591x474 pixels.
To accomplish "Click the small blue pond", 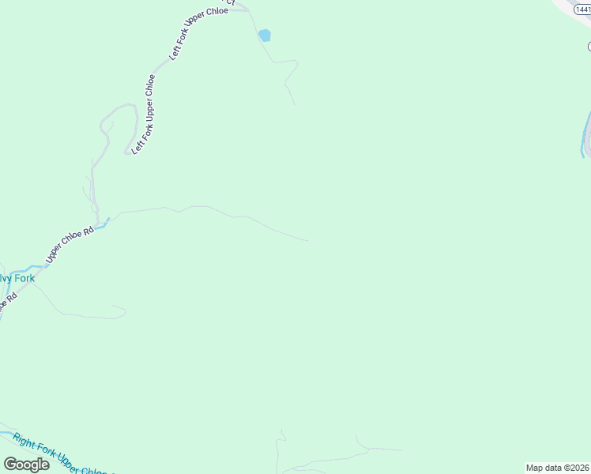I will point(264,36).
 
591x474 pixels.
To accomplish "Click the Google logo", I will point(26,464).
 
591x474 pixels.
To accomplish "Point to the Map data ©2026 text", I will point(556,468).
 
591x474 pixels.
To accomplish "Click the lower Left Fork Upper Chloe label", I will point(143,114).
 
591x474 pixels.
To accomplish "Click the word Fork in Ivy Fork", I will point(24,278).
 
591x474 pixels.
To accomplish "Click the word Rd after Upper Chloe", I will point(88,231).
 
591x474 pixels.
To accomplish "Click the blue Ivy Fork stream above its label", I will point(32,267).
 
